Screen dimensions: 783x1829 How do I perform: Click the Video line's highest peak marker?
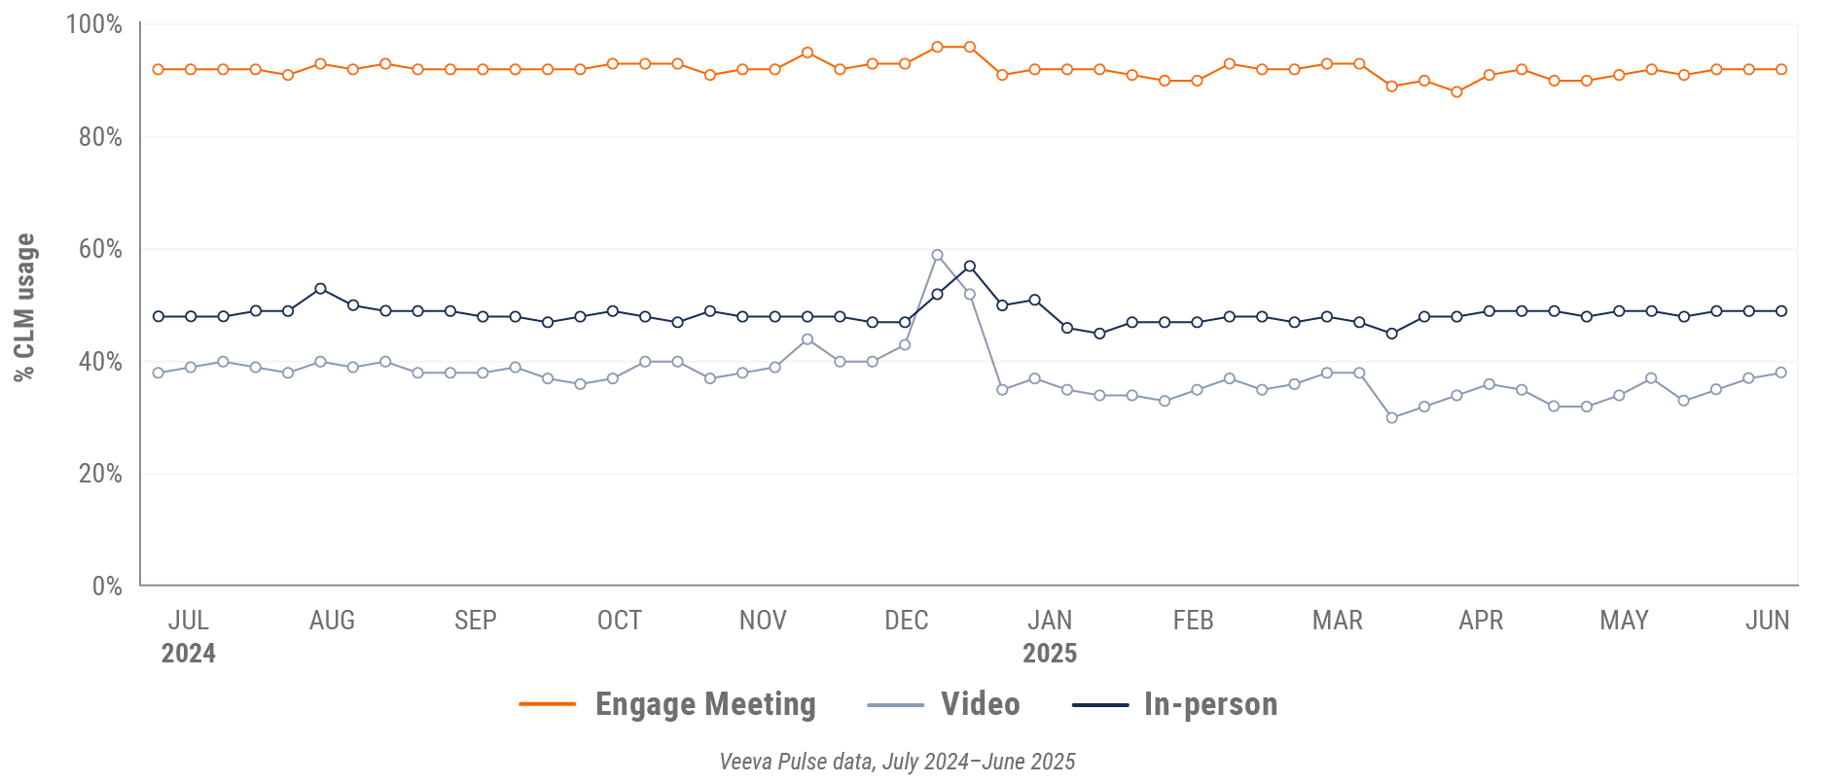(937, 255)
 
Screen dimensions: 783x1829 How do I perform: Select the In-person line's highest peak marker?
(970, 267)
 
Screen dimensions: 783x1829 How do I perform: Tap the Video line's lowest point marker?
(1392, 418)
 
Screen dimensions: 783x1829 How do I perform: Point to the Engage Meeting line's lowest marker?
(1456, 92)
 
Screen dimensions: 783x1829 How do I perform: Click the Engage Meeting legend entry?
(667, 704)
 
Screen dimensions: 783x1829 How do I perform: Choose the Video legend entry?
(944, 704)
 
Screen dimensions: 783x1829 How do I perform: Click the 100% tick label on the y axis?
(93, 24)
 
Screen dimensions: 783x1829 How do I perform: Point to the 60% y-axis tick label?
(100, 249)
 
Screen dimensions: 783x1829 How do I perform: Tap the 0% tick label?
(107, 586)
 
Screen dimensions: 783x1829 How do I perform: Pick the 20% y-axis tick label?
(100, 474)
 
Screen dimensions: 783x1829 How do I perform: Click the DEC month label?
(906, 621)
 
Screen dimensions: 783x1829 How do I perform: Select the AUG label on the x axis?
(332, 621)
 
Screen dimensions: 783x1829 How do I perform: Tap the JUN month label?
(1767, 621)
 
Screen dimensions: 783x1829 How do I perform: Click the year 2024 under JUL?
(188, 653)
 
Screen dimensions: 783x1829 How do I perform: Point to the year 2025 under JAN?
(1049, 653)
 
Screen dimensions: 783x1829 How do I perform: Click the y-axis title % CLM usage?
(24, 307)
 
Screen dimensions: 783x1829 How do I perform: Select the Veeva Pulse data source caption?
(897, 762)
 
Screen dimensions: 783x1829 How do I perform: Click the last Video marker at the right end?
(1781, 373)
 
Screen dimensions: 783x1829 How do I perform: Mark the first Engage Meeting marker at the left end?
(159, 70)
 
